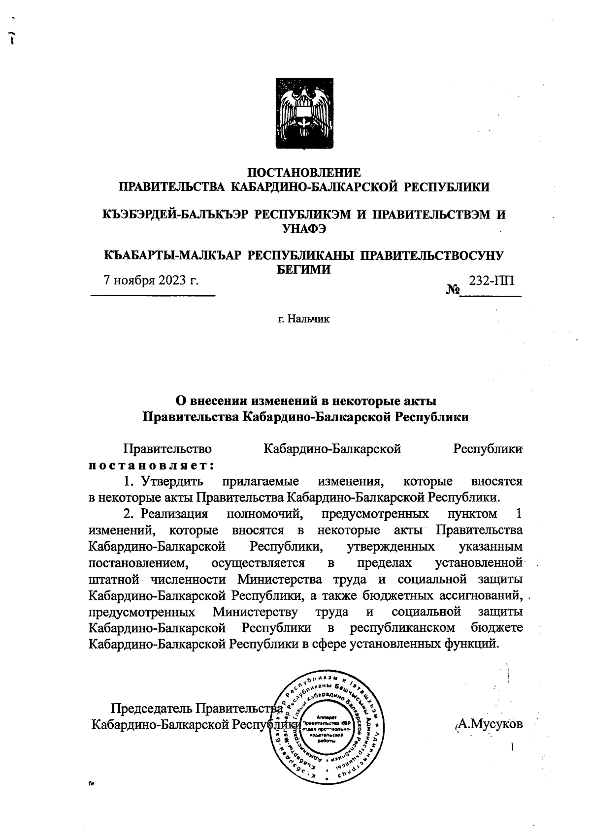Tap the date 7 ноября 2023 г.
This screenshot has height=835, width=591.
point(151,280)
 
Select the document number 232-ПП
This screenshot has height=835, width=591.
point(492,280)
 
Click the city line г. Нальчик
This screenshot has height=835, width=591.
point(303,319)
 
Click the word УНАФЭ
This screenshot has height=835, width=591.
point(303,228)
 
